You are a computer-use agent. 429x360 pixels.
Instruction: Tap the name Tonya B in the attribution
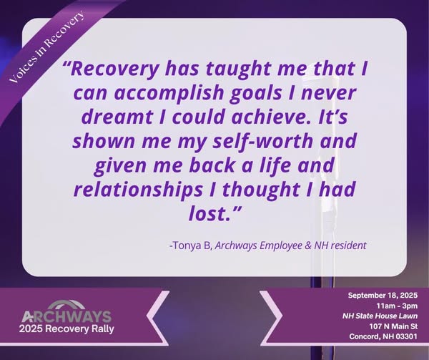192,245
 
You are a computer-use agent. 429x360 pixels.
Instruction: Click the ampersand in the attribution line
307,245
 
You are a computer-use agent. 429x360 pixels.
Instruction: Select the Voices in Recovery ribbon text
46,46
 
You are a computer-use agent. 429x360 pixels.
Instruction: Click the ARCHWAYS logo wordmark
66,317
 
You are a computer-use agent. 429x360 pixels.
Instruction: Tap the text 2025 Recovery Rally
66,329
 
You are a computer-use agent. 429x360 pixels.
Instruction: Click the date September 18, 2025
383,296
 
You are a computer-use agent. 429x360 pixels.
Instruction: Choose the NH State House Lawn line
380,316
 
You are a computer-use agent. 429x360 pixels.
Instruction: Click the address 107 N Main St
393,326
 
